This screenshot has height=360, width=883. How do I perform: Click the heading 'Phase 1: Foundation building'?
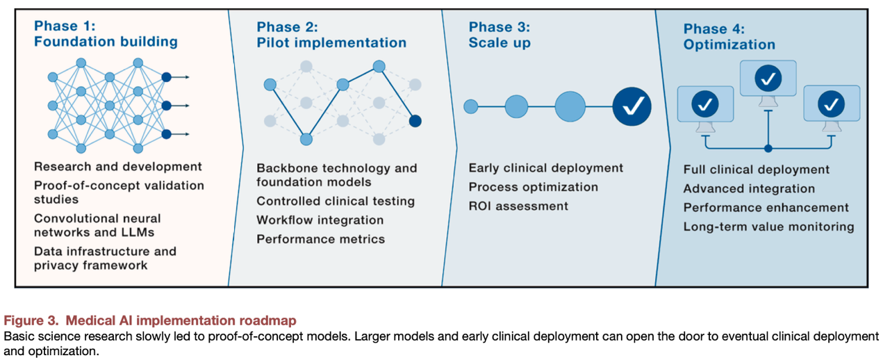106,34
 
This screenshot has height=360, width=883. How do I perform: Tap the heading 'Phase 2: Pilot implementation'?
331,35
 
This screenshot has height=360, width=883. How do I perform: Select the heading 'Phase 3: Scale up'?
500,35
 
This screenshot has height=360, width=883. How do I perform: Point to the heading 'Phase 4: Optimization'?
729,37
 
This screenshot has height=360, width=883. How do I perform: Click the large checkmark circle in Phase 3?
632,106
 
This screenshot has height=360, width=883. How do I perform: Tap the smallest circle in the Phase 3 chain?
471,106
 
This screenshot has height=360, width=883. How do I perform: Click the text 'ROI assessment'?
518,206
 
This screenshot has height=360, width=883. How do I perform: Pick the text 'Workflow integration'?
320,220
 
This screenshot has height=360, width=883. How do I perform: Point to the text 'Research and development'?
117,167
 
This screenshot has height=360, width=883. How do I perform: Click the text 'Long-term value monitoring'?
768,227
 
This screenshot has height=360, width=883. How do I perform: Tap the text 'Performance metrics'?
320,239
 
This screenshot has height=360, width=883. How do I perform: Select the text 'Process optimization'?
533,187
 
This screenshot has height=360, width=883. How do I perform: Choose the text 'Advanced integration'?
749,188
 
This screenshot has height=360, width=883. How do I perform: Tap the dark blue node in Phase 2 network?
415,121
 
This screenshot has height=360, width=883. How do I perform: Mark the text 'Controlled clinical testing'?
336,201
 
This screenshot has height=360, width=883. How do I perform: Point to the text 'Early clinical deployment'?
545,168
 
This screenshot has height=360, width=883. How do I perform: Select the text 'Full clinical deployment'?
756,170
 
